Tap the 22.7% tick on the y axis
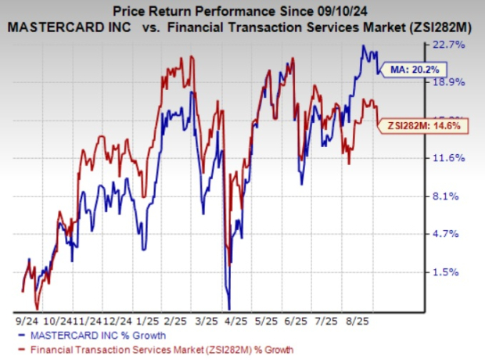pyautogui.click(x=453, y=45)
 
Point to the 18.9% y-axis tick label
pyautogui.click(x=453, y=82)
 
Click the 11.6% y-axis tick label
pyautogui.click(x=453, y=158)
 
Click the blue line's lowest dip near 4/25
pyautogui.click(x=228, y=309)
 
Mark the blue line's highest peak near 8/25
pyautogui.click(x=363, y=46)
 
